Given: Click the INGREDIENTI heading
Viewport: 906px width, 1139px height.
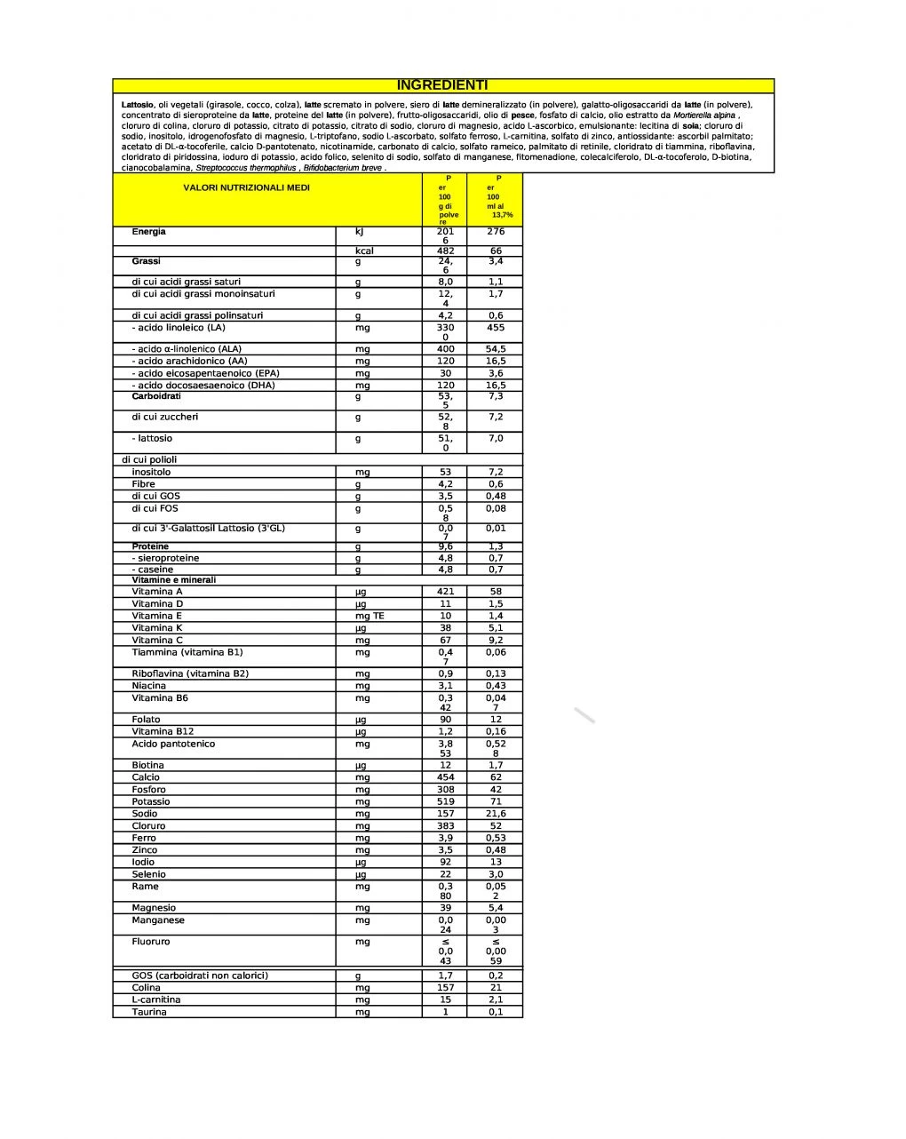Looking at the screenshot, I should [442, 85].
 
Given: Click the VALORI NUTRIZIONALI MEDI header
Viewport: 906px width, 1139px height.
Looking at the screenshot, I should [246, 188].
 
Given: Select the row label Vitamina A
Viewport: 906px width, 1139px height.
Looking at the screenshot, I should [157, 592].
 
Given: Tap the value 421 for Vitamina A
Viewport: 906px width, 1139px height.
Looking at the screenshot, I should [445, 592].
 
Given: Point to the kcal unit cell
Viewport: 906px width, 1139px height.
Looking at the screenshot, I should [363, 251].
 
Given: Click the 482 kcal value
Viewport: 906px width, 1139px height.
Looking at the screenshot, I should [445, 251].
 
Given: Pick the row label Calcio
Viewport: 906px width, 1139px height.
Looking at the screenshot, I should [146, 777].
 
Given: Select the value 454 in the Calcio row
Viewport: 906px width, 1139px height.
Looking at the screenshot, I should [445, 777].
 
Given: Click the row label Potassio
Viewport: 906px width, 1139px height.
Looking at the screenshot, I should [150, 801].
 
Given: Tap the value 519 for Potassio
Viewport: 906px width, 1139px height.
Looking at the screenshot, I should [445, 801].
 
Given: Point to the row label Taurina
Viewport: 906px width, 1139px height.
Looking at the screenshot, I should [148, 1012].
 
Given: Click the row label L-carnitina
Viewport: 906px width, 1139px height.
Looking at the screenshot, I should [155, 1000].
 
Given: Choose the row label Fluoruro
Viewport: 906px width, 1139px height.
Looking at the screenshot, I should [150, 942].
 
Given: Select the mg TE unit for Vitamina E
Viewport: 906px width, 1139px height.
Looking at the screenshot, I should [370, 616].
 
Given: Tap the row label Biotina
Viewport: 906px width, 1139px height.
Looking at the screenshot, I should [147, 765].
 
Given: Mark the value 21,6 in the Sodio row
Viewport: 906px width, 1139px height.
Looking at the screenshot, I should [496, 814].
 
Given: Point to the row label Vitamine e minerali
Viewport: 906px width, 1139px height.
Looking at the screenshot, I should [173, 580].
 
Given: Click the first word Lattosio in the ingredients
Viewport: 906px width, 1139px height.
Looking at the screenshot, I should [138, 105].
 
